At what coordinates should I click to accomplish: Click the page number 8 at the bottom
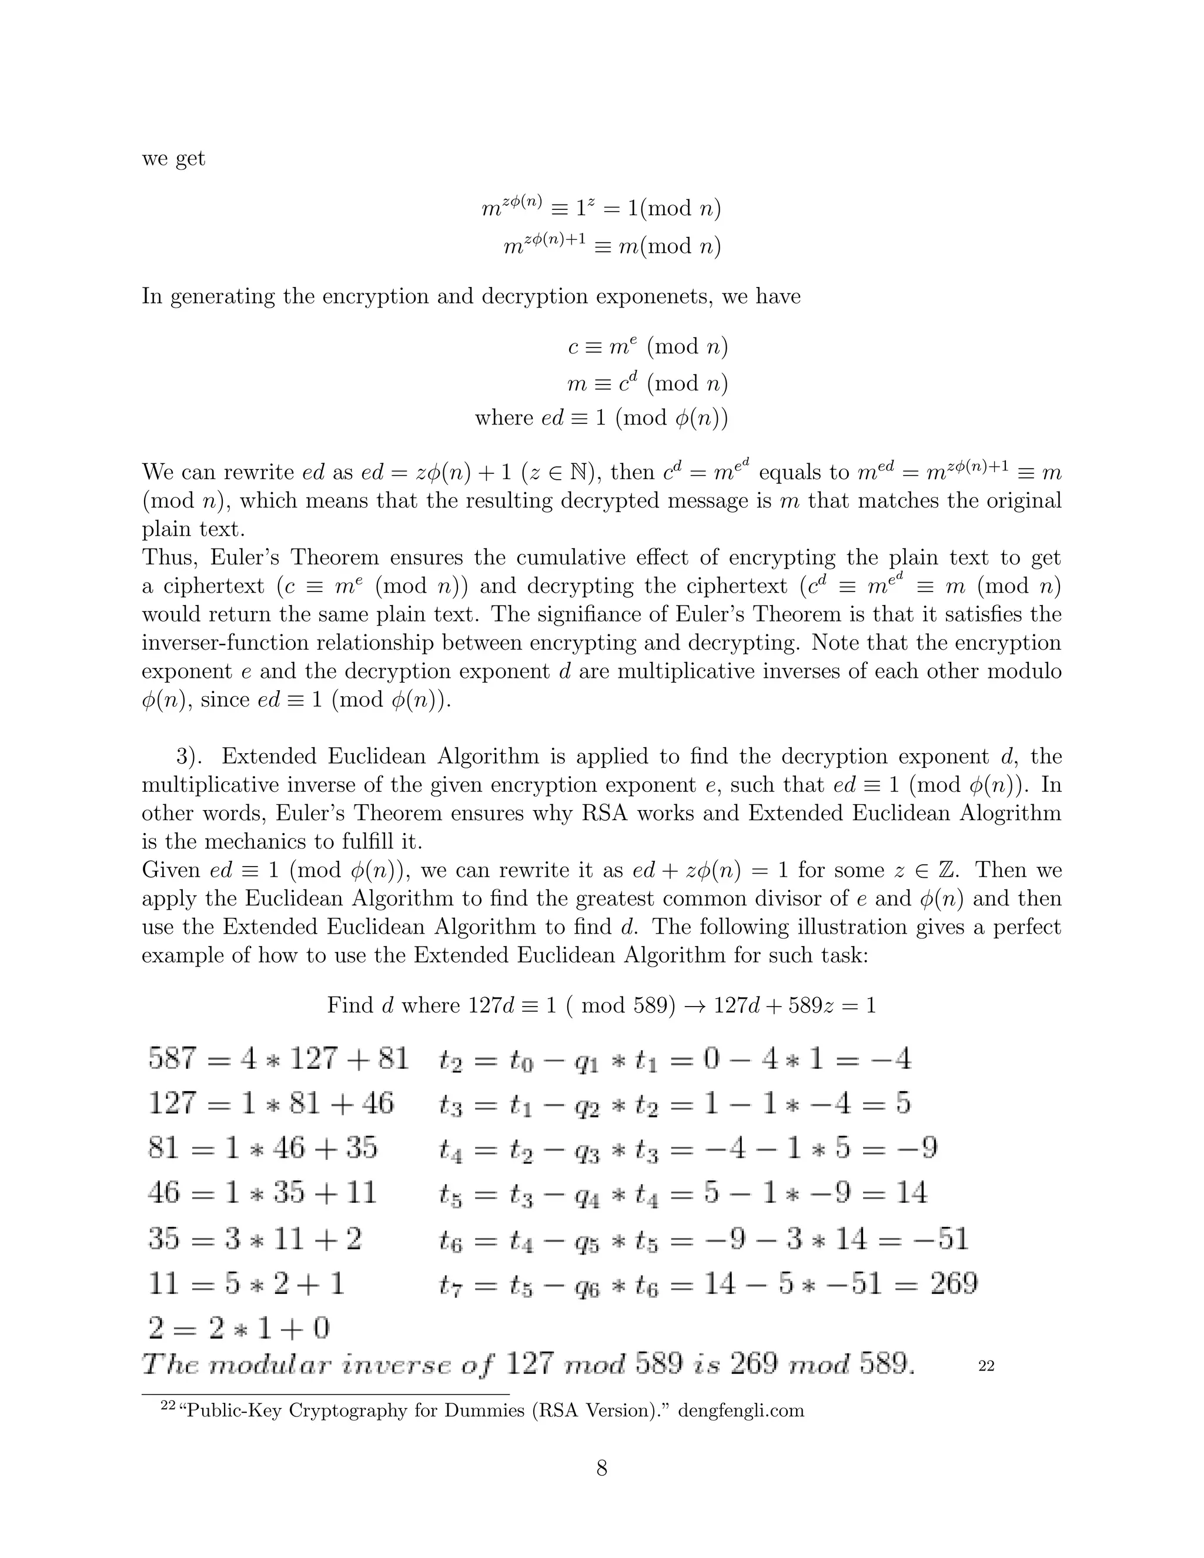[601, 1468]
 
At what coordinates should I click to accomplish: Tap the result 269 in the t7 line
[954, 1283]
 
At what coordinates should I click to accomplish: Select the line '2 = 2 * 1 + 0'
[239, 1328]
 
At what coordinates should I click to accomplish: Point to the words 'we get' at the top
[173, 158]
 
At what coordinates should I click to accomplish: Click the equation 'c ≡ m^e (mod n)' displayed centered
[647, 347]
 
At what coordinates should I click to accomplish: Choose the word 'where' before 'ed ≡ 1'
[504, 417]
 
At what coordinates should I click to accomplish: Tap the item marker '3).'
[191, 756]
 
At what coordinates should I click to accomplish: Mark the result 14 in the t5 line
[911, 1193]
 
